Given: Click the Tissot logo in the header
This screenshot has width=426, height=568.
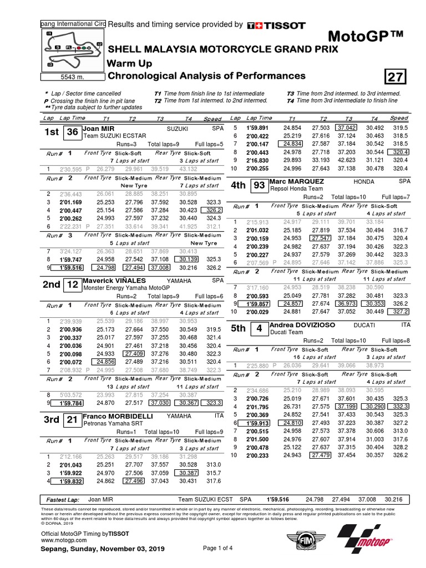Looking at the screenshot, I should click(x=276, y=25).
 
